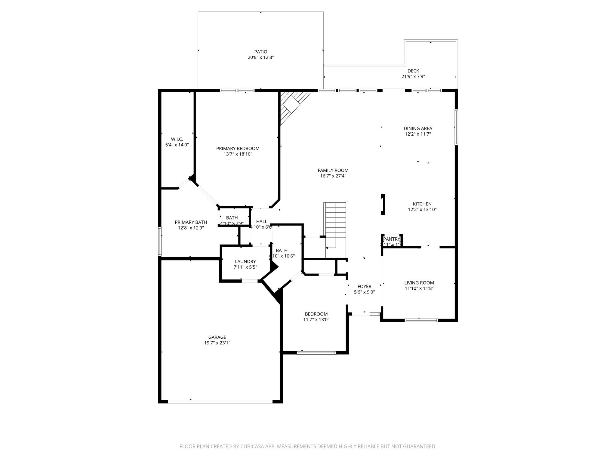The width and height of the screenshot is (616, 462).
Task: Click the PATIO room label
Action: coord(260,52)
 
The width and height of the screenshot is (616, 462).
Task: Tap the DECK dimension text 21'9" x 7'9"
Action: coord(413,76)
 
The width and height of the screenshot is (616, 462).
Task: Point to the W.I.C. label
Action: coord(177,139)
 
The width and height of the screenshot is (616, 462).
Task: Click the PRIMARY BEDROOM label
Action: coord(238,149)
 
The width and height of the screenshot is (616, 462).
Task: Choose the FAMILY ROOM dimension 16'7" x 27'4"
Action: coord(333,176)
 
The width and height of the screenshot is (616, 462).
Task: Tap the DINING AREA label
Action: coord(418,128)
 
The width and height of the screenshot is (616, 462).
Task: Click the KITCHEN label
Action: coord(422,204)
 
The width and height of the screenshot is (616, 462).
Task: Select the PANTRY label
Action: coord(391,239)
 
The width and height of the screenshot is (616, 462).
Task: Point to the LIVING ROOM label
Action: coord(419,283)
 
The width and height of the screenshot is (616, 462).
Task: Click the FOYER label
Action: coord(364,286)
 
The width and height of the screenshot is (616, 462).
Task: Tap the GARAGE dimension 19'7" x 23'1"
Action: coord(217,343)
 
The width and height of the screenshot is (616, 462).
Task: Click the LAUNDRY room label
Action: coord(245,262)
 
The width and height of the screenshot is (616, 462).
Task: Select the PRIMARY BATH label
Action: coord(191,222)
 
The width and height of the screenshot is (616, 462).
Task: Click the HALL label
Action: coord(261,222)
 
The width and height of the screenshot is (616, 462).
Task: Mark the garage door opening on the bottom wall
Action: coord(220,402)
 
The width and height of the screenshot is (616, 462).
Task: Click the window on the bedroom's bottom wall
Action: coord(316,353)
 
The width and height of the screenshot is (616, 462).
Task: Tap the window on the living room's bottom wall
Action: coord(421,320)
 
